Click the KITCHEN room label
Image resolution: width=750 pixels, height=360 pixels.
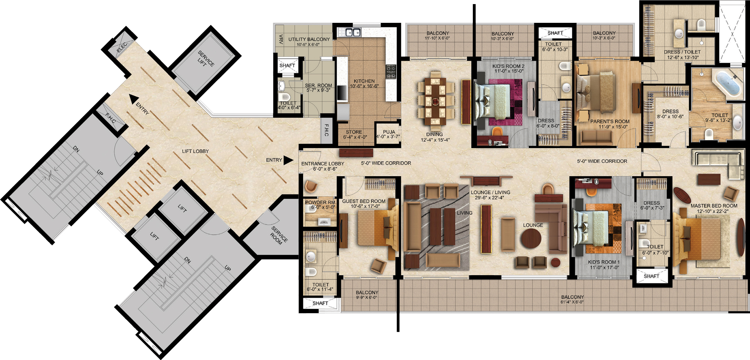point(364,81)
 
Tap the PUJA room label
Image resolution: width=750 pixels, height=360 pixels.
point(389,132)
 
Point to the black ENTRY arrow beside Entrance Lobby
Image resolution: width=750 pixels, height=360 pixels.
point(288,160)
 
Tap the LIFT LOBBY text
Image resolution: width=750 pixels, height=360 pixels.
point(195,151)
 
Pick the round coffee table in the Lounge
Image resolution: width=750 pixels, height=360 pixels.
point(531,238)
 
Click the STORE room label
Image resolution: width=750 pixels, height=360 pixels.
point(354,132)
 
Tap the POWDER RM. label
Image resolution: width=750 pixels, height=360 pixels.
point(320,202)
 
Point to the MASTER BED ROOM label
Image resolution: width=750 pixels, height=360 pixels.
point(714,206)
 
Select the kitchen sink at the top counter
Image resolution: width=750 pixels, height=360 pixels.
point(353,32)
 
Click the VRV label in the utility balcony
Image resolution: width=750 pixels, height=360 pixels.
point(281,39)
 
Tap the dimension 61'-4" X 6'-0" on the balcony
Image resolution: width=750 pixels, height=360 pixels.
point(572,302)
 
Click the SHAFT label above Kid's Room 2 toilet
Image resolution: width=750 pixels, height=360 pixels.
point(555,33)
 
